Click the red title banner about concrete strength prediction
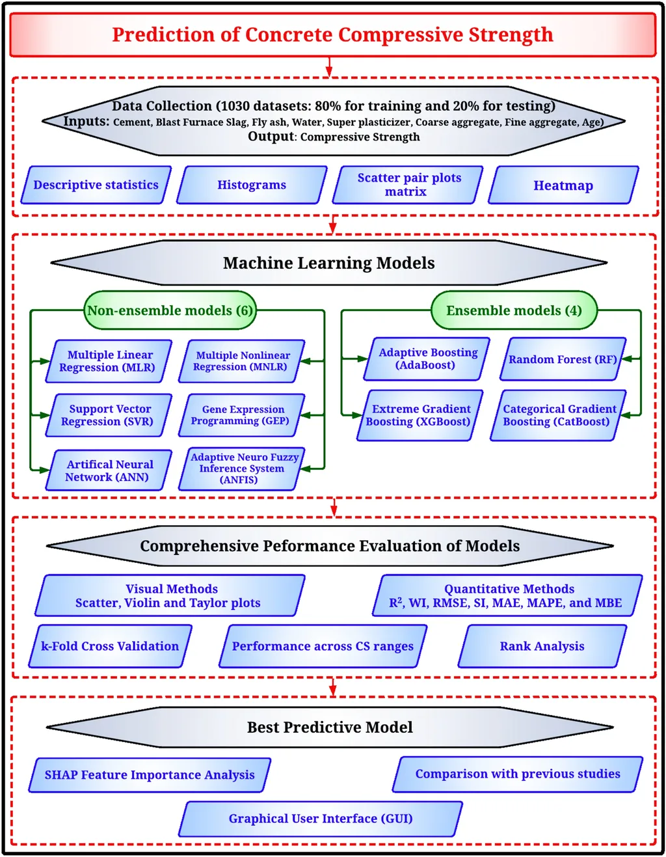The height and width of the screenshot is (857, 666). click(332, 34)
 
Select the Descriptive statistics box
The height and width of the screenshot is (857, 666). click(96, 185)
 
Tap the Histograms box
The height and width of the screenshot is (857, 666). click(252, 185)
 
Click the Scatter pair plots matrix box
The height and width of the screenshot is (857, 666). click(407, 185)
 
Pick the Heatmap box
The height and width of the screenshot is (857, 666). click(563, 185)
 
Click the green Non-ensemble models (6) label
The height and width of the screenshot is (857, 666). click(170, 310)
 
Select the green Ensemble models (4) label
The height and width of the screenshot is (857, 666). click(514, 310)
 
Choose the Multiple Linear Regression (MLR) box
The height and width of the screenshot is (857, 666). click(109, 361)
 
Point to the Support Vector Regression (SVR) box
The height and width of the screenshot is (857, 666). click(109, 415)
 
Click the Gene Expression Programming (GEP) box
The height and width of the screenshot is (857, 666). click(241, 415)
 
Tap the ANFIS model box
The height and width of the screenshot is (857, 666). click(241, 469)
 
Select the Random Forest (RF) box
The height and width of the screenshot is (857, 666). click(563, 359)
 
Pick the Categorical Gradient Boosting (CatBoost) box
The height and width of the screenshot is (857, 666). click(558, 415)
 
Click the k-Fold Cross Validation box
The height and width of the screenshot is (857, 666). click(110, 646)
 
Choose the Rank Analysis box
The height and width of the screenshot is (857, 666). click(542, 646)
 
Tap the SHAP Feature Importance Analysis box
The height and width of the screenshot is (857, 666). click(150, 775)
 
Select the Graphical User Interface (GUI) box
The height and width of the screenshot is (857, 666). click(320, 819)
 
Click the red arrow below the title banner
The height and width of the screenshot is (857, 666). click(330, 66)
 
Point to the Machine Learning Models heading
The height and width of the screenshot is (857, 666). click(329, 263)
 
